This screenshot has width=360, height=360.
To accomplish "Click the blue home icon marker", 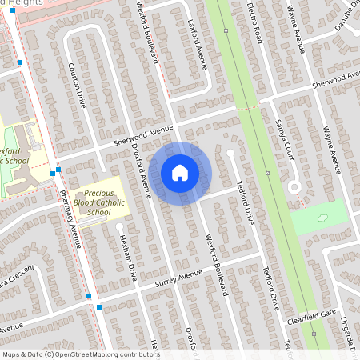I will point(180,173).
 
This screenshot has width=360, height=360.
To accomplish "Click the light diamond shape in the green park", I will point(323,218).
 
